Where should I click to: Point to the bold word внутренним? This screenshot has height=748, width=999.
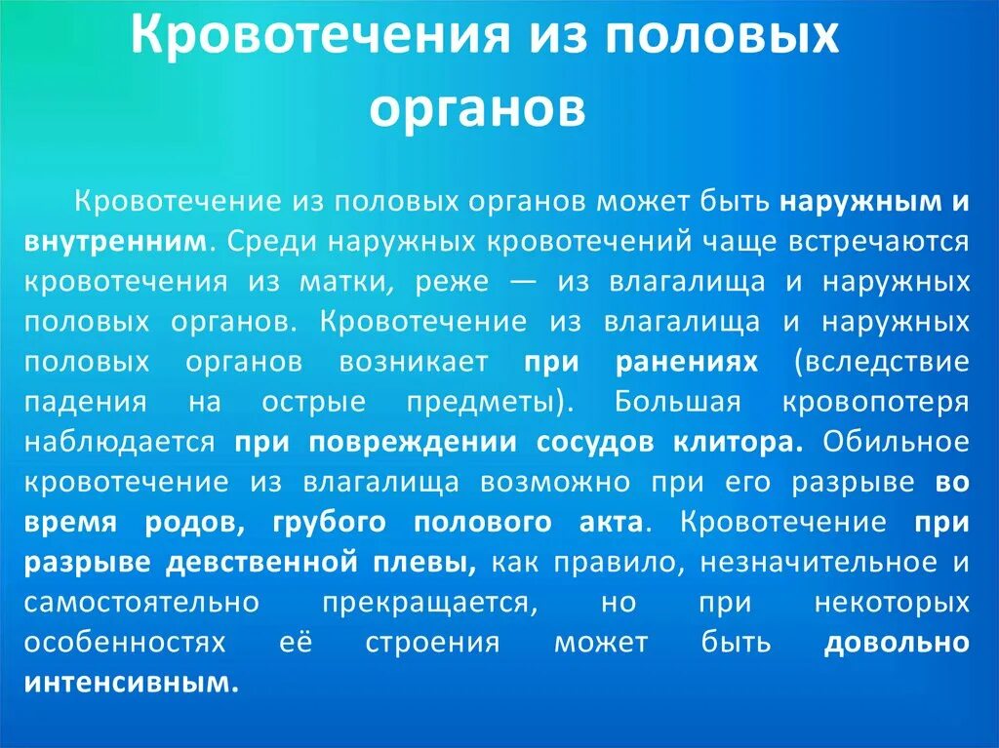117,242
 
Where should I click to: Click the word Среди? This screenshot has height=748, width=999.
266,242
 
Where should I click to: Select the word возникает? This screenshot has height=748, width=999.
414,362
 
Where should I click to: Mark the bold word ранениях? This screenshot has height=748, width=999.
687,362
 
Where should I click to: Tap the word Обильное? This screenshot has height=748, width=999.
897,442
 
